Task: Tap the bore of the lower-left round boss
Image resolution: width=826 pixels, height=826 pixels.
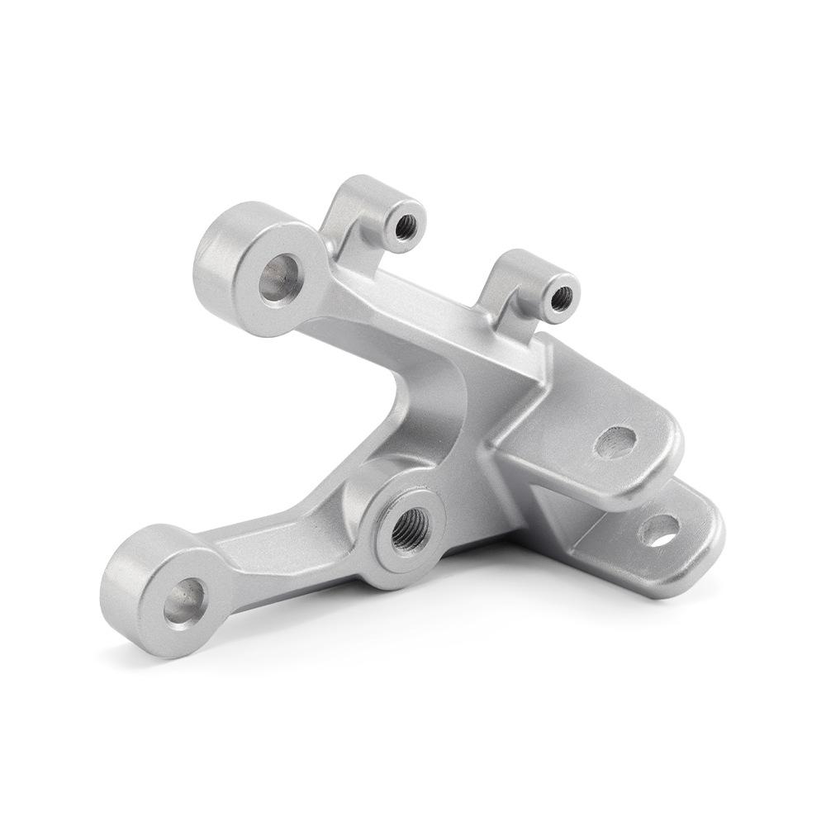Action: click(x=184, y=601)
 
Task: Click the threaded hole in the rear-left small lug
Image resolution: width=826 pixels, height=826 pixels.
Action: click(x=405, y=225)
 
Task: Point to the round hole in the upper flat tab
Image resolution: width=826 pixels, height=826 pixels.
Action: click(x=615, y=442)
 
